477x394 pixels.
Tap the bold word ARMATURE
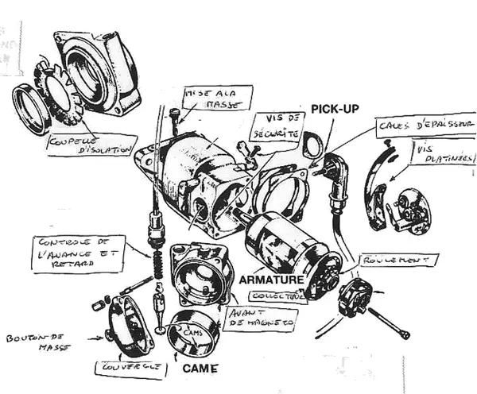pyautogui.click(x=270, y=280)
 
